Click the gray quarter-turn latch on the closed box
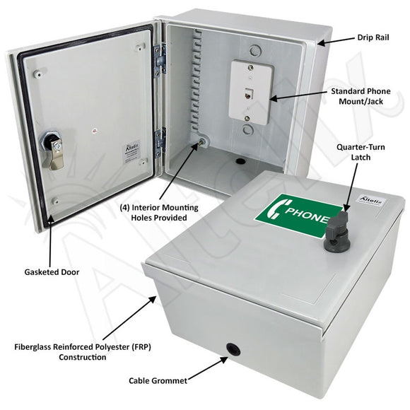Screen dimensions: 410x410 coord(334,232)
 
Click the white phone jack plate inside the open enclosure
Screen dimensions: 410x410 coord(251,92)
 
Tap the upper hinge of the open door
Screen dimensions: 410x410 coord(160,60)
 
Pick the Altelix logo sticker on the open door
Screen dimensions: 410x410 coord(131,151)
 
